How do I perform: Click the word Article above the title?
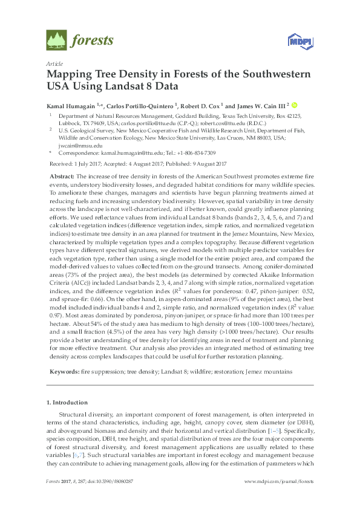click(x=54, y=63)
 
